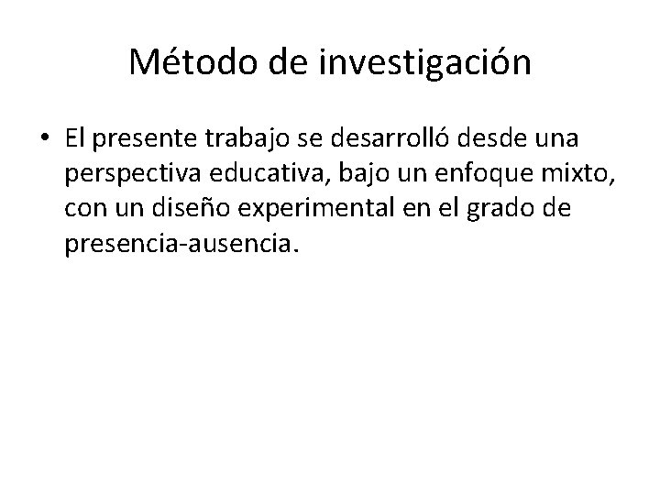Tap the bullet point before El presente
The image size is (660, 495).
(45, 140)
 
